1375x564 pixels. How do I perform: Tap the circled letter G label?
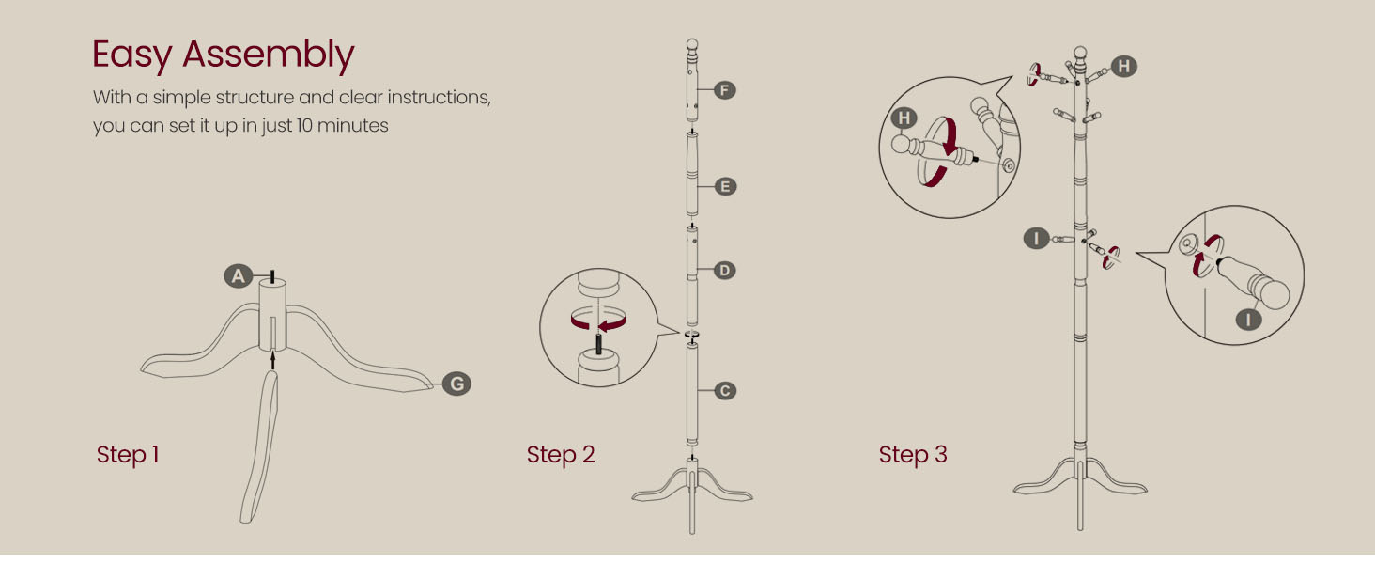[x=456, y=384]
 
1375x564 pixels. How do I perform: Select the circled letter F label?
[x=724, y=90]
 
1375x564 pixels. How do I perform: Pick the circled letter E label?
[x=724, y=186]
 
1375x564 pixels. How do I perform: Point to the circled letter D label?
[x=724, y=271]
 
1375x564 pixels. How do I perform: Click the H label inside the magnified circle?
[x=904, y=117]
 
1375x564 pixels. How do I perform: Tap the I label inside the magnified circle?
[x=1248, y=320]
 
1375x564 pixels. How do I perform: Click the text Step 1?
[x=128, y=455]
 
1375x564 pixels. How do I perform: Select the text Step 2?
[x=561, y=455]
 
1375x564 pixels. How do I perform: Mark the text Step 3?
[x=913, y=455]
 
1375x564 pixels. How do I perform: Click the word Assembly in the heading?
[x=269, y=55]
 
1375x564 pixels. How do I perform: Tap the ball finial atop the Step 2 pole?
[x=692, y=44]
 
